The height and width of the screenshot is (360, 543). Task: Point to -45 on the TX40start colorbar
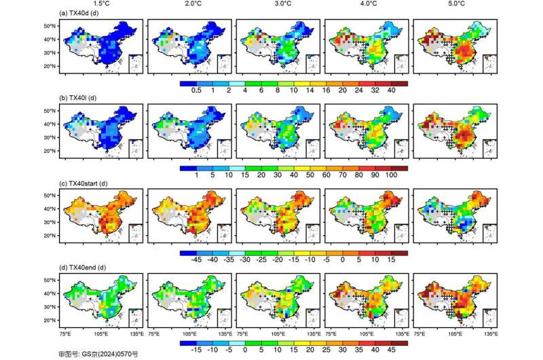(198, 259)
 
